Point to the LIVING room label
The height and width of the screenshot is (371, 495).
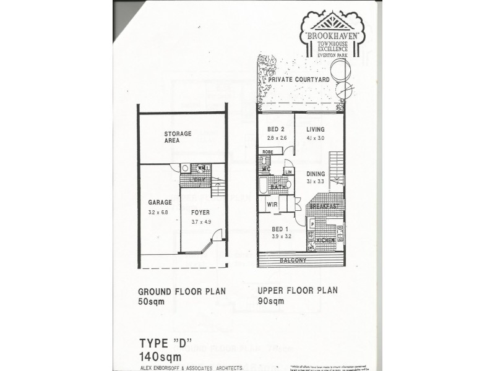click(316, 129)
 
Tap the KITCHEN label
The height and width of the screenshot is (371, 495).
click(325, 240)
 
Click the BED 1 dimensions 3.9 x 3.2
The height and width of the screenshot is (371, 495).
click(282, 236)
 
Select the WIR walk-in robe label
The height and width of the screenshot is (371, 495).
click(272, 203)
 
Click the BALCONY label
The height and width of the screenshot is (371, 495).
click(293, 260)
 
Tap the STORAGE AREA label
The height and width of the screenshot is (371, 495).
click(178, 137)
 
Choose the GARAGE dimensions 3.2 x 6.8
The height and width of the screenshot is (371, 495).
click(158, 212)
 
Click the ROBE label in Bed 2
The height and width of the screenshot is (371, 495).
click(267, 151)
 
